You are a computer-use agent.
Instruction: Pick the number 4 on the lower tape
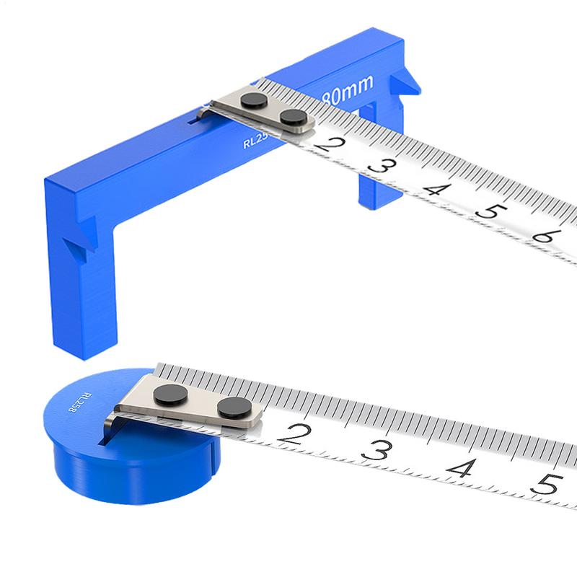coord(459,467)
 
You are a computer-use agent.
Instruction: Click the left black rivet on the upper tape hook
coord(252,102)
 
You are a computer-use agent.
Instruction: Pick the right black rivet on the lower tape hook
coord(230,408)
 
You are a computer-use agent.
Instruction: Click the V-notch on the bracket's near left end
coord(82,245)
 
